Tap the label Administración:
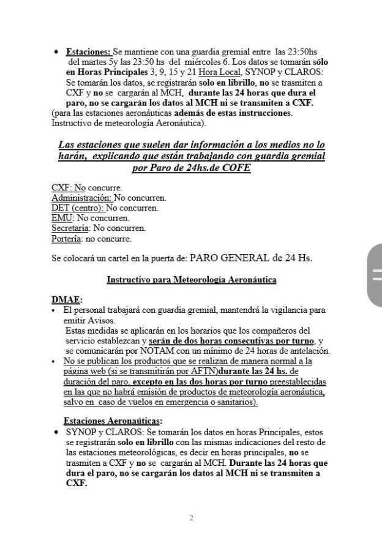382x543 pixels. click(81, 198)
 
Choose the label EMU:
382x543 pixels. click(63, 217)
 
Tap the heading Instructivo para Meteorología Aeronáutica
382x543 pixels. click(191, 280)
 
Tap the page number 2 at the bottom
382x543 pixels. click(191, 518)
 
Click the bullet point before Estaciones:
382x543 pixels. click(56, 53)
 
